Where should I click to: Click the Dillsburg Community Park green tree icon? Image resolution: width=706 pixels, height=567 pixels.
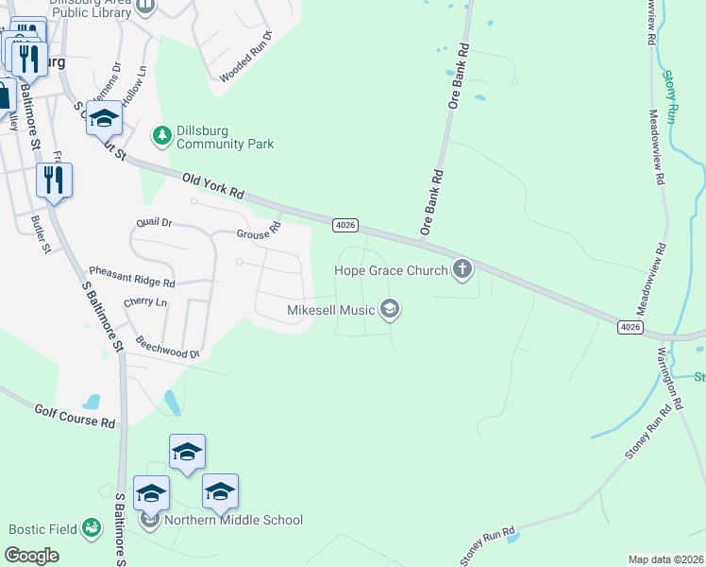pyautogui.click(x=163, y=136)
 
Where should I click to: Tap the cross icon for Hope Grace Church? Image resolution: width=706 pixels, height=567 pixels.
pyautogui.click(x=462, y=270)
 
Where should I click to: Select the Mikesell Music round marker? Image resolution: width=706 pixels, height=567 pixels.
pyautogui.click(x=390, y=309)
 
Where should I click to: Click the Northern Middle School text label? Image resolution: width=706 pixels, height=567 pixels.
pyautogui.click(x=234, y=520)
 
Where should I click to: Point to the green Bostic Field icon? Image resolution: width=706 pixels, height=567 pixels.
pyautogui.click(x=92, y=528)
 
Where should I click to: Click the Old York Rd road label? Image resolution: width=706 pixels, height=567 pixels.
pyautogui.click(x=213, y=186)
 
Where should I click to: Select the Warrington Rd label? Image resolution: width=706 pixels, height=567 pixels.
pyautogui.click(x=669, y=376)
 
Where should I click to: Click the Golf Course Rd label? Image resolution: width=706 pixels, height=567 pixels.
pyautogui.click(x=75, y=416)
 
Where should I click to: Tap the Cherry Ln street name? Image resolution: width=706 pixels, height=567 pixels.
pyautogui.click(x=145, y=302)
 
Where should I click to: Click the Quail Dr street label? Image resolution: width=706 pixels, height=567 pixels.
pyautogui.click(x=154, y=223)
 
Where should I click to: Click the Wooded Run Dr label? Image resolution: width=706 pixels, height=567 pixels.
pyautogui.click(x=246, y=60)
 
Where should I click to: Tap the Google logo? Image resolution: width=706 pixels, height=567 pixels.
pyautogui.click(x=32, y=555)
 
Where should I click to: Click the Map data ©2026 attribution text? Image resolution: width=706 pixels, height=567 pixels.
pyautogui.click(x=665, y=559)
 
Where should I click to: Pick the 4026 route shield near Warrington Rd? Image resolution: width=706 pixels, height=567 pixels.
pyautogui.click(x=630, y=326)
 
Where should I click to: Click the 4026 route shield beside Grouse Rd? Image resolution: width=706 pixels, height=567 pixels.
pyautogui.click(x=345, y=224)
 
